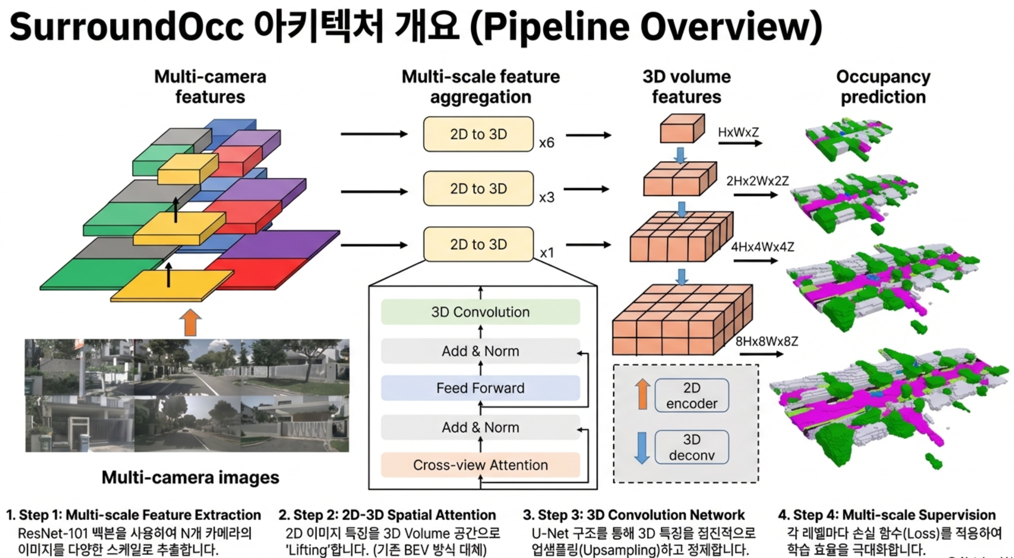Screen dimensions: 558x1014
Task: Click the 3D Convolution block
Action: [x=480, y=312]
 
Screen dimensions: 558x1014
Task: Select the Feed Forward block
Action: [x=480, y=388]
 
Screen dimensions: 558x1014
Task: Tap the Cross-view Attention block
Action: [x=480, y=465]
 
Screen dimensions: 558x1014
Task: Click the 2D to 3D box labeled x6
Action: [x=478, y=134]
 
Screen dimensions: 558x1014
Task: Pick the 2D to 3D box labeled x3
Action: [x=478, y=189]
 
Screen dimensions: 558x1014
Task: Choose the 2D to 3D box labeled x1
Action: [x=478, y=244]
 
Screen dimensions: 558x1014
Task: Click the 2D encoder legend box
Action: [x=691, y=396]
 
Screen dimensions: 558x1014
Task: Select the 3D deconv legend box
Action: [x=691, y=447]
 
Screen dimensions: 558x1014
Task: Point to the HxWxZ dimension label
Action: [x=738, y=132]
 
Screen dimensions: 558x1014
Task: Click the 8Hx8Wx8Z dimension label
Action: [x=767, y=342]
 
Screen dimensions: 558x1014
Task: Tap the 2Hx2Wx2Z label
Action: [x=757, y=181]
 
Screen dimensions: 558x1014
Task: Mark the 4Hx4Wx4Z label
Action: [x=762, y=247]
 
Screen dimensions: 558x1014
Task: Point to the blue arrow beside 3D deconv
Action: [x=642, y=448]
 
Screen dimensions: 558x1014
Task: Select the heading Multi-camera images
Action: [x=190, y=478]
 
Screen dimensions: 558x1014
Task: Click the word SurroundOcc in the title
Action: [x=126, y=27]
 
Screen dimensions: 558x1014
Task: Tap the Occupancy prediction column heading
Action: [x=883, y=87]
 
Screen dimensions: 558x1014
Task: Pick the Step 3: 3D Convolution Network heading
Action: [x=634, y=515]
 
